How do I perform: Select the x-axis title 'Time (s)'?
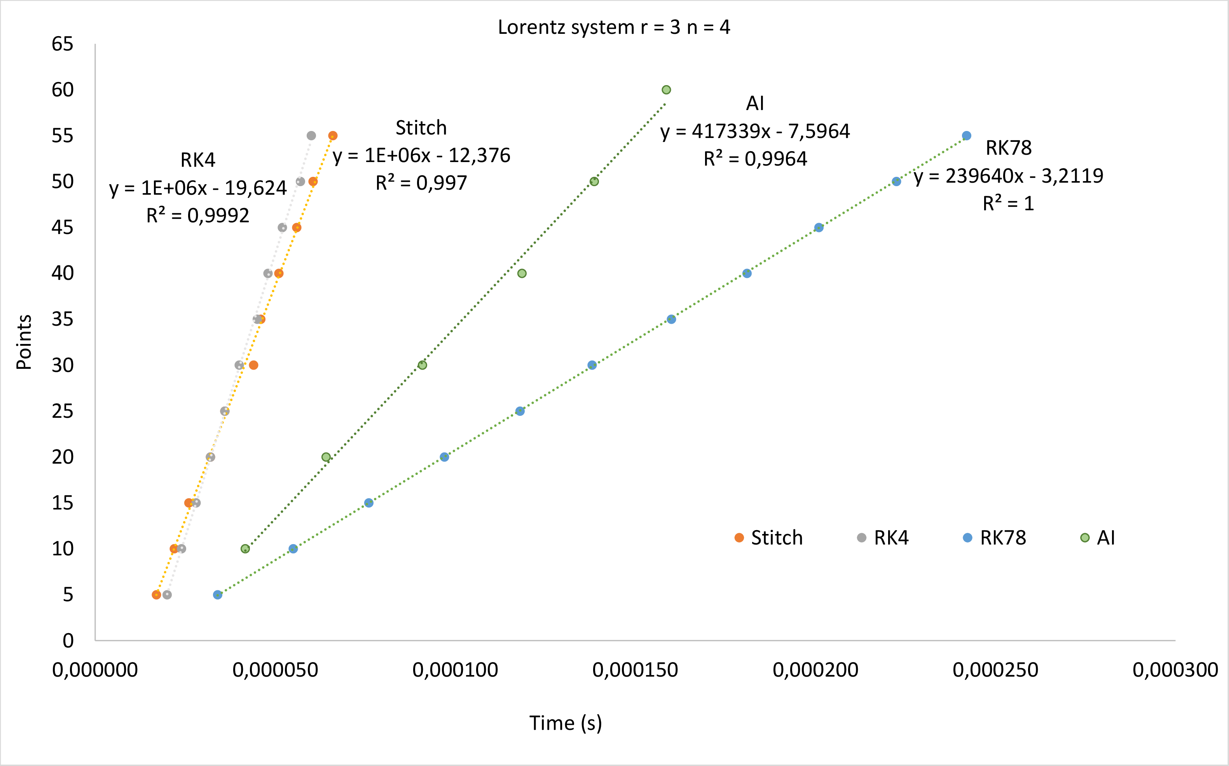click(566, 723)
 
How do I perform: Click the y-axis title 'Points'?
click(24, 342)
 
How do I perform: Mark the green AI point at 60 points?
click(666, 90)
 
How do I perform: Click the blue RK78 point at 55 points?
click(967, 136)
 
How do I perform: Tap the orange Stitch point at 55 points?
click(333, 136)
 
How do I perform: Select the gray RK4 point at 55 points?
click(311, 136)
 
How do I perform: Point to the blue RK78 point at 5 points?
click(217, 595)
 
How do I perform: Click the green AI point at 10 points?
click(245, 549)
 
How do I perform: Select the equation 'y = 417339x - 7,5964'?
click(755, 131)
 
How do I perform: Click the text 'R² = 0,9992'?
click(197, 216)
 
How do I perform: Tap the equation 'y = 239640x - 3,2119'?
click(1009, 176)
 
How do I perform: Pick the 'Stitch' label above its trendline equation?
click(421, 127)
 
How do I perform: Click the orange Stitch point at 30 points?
click(254, 365)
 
